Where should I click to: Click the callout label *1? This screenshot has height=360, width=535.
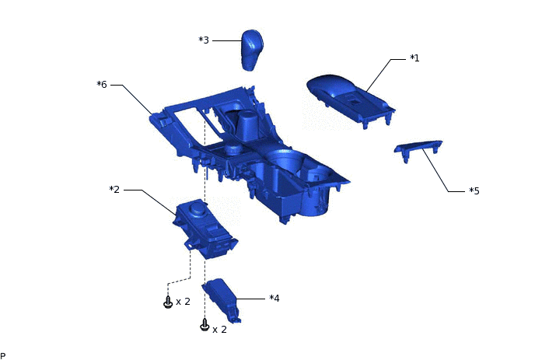(414, 58)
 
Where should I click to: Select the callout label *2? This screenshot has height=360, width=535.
(114, 190)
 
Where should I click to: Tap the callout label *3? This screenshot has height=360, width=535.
(204, 40)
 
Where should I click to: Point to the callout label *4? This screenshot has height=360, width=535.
(274, 299)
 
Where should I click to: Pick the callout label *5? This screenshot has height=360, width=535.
(474, 190)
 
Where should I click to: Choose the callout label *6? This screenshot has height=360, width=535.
(102, 84)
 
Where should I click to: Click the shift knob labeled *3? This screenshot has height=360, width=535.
(252, 50)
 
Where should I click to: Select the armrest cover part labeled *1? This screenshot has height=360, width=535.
(351, 100)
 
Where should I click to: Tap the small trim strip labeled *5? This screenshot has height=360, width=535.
(418, 149)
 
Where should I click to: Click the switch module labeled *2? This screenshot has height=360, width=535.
(205, 229)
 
